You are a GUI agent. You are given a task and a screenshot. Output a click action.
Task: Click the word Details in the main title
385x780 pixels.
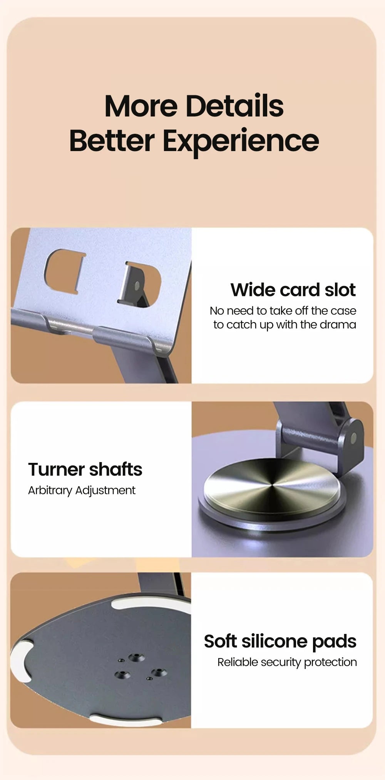click(234, 106)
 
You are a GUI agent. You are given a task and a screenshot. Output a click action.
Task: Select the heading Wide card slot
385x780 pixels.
click(293, 290)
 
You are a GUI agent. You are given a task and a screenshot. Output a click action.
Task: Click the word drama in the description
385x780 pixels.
click(338, 325)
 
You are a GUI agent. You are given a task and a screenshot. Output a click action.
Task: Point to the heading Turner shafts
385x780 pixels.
click(85, 469)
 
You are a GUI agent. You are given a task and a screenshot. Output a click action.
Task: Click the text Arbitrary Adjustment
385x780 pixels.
click(82, 491)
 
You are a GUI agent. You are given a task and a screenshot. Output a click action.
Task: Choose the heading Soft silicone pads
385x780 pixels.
click(280, 641)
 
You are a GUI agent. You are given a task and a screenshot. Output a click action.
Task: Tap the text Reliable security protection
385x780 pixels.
click(287, 662)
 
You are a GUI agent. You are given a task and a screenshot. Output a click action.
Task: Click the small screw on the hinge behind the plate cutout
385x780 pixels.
click(137, 286)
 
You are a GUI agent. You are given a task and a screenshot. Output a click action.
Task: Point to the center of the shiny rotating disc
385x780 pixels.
click(272, 486)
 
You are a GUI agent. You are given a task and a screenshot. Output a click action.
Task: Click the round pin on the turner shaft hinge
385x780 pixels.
click(354, 437)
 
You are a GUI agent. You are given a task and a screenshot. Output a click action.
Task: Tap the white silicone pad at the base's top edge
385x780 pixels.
click(152, 603)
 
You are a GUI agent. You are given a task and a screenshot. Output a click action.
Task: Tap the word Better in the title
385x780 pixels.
click(112, 141)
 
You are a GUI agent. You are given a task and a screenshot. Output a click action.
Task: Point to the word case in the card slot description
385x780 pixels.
click(343, 311)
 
